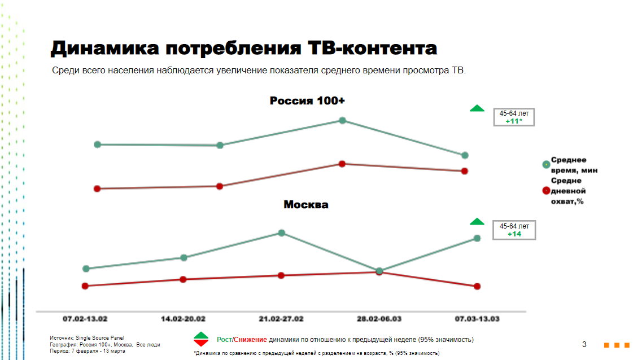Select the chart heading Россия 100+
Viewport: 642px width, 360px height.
point(307,101)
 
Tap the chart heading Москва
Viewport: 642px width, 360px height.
point(305,204)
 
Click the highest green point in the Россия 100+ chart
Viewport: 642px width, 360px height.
point(342,120)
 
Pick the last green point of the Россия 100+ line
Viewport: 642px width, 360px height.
point(465,155)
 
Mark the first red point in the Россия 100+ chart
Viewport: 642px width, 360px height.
point(97,188)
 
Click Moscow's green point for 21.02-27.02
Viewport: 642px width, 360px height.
point(281,232)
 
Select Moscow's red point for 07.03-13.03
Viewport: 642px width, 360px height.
point(477,286)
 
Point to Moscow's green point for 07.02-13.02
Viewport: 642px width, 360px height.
point(86,269)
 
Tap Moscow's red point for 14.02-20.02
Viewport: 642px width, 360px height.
point(183,279)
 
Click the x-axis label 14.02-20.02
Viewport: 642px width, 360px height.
point(183,319)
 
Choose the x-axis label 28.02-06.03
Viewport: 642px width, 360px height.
point(379,319)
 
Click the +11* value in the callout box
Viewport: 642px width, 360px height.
point(514,121)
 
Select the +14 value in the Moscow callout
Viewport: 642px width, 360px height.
point(514,234)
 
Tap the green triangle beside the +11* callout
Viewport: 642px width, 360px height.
point(477,108)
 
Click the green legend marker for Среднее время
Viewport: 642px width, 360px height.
point(546,164)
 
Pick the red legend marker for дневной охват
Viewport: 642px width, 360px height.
point(546,191)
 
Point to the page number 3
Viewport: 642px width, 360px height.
point(584,344)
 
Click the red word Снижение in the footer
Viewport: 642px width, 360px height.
point(251,340)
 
